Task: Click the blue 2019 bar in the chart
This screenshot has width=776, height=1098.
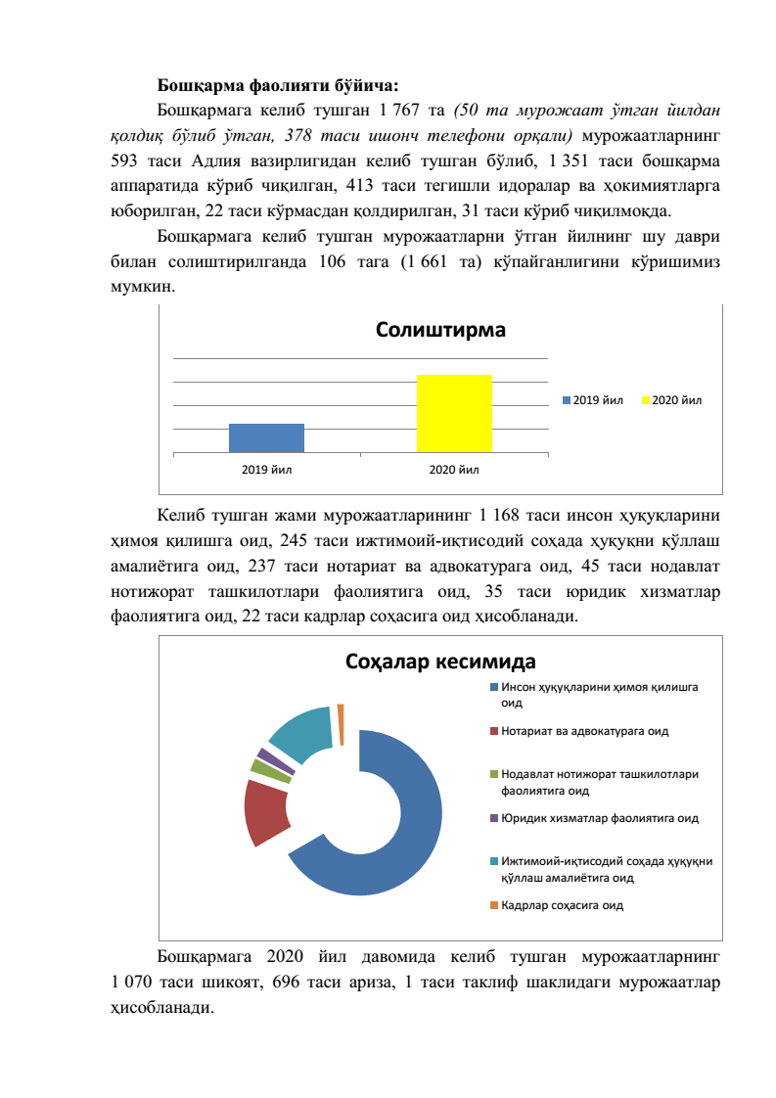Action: pos(266,437)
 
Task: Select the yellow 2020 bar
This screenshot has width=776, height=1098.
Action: pos(454,413)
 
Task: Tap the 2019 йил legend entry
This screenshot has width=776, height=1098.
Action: pos(592,399)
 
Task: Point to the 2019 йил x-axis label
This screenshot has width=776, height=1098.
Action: pos(266,470)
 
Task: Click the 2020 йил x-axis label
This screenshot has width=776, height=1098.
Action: pos(454,470)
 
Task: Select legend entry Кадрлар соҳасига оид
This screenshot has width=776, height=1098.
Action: pos(562,904)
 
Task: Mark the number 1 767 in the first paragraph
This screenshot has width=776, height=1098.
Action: pos(397,108)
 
